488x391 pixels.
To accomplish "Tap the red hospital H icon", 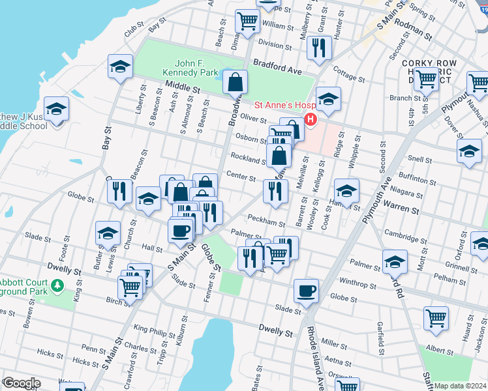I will click(x=311, y=120).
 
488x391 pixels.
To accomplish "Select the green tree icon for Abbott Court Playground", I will click(x=57, y=285).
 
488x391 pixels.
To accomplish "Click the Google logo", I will click(x=21, y=383).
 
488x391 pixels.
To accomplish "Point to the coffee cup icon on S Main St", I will click(x=180, y=229).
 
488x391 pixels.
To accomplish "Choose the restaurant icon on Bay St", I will click(x=119, y=191).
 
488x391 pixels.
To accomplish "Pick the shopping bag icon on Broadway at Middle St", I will click(x=235, y=82).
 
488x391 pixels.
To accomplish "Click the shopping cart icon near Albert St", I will click(x=436, y=319).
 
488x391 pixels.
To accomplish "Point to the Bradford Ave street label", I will click(x=277, y=66).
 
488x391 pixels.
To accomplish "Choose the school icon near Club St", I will click(x=121, y=66).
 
